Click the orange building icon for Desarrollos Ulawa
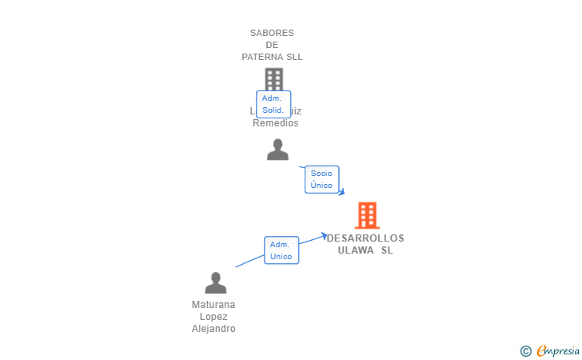[x=367, y=215]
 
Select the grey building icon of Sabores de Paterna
[x=273, y=78]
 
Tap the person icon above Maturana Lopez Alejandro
[x=215, y=283]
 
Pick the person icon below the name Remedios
[x=277, y=150]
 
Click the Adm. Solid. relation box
[x=273, y=104]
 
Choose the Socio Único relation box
[x=321, y=179]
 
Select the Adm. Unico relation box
[x=281, y=250]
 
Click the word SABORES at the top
[x=272, y=33]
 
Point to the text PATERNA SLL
[x=272, y=57]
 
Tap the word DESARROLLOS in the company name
[x=366, y=238]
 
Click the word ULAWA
[x=356, y=250]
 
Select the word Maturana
[x=213, y=305]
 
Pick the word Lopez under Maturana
[x=213, y=317]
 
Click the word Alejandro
[x=213, y=329]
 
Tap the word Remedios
[x=275, y=123]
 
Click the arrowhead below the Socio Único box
[x=341, y=192]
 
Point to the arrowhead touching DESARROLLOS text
[x=324, y=235]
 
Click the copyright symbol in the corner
[x=525, y=350]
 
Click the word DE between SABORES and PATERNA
[x=272, y=45]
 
